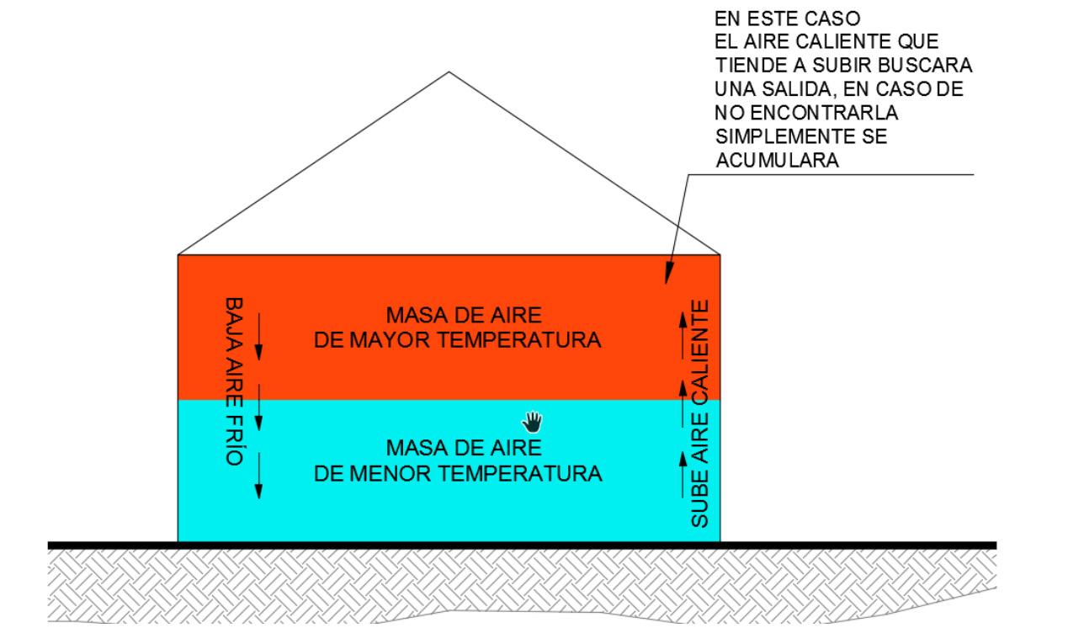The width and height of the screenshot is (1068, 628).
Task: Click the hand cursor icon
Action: click(x=533, y=419)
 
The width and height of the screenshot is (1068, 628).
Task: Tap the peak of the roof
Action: click(x=449, y=72)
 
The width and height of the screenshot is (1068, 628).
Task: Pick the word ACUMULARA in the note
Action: click(x=777, y=162)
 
